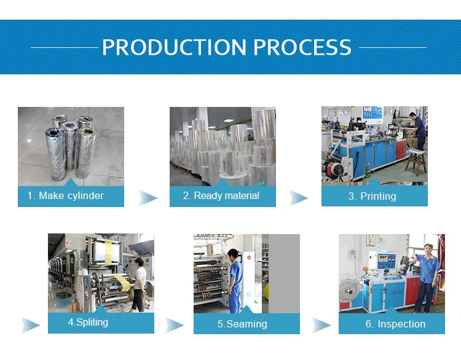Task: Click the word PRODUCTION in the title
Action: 174,47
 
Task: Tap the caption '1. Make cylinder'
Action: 65,196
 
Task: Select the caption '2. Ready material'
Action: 221,196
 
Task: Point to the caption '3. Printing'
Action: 372,197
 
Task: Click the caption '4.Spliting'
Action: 88,322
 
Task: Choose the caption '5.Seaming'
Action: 242,324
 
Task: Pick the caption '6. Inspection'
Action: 395,324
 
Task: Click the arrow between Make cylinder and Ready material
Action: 148,198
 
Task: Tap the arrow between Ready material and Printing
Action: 299,198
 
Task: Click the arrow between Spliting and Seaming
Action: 175,325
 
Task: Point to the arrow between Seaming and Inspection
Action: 321,325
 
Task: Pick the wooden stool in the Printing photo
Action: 415,163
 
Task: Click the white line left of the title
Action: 64,47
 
